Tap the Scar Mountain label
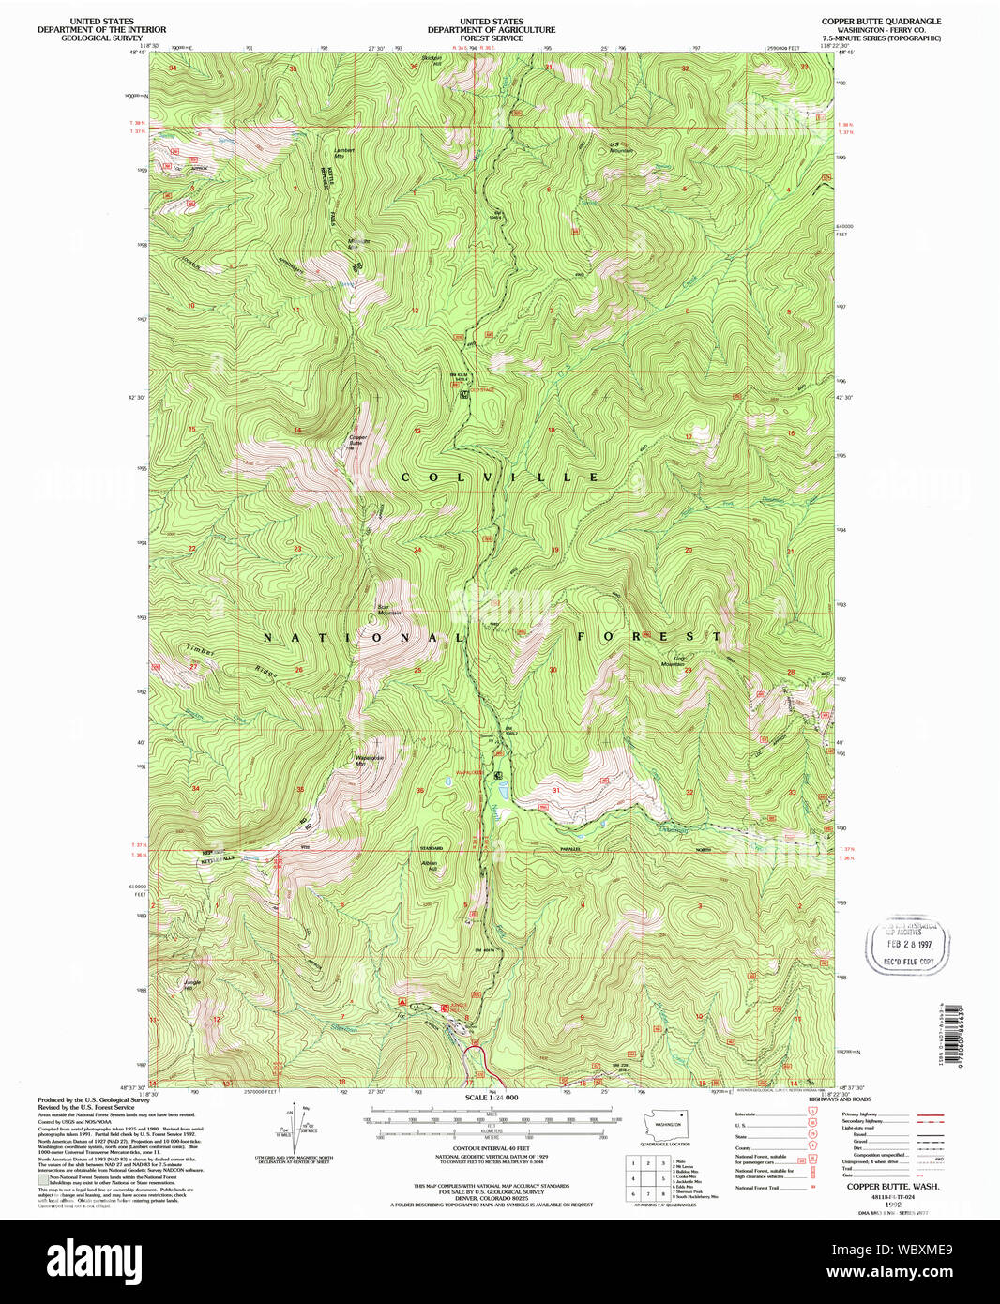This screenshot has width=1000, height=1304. pos(387,609)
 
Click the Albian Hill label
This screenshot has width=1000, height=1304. pos(429,865)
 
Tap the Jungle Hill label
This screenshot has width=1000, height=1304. pos(192,984)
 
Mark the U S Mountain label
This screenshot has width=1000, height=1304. pos(620,147)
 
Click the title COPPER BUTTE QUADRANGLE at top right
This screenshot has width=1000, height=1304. pos(881,22)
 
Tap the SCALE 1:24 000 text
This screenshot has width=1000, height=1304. pos(491,1098)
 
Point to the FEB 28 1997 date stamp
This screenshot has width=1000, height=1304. pos(907,946)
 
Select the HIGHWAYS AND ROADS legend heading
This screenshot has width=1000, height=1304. pos(840,1099)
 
